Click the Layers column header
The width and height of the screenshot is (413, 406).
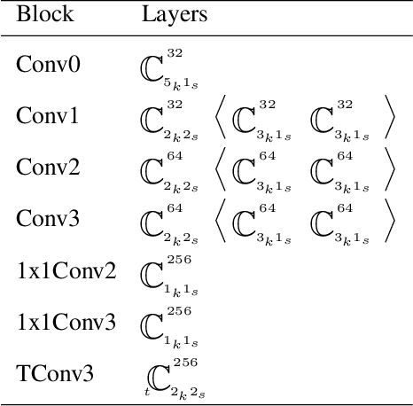(x=174, y=15)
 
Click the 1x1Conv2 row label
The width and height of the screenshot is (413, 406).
(x=66, y=269)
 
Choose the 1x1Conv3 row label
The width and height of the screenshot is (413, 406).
(x=66, y=321)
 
